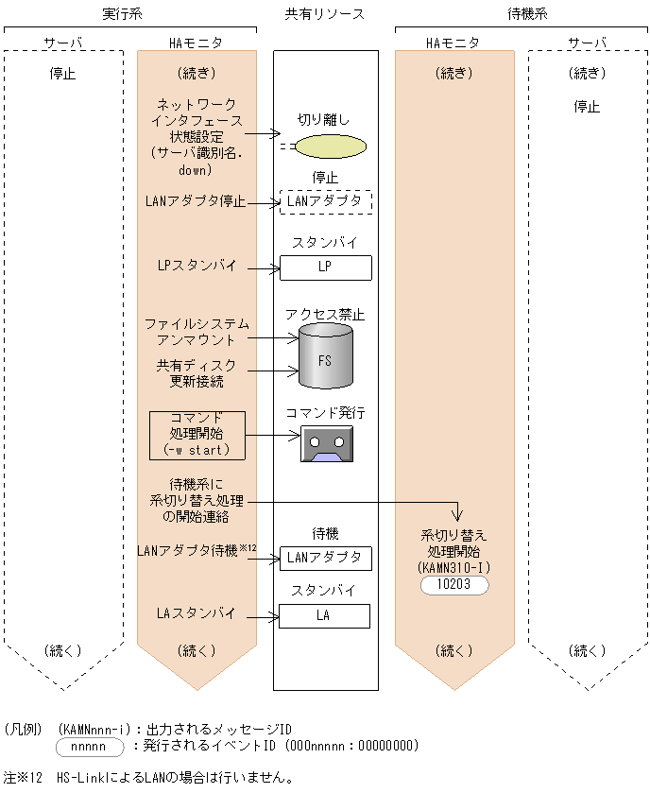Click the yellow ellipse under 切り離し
[x=329, y=147]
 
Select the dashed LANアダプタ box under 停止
[x=325, y=201]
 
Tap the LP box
[x=325, y=267]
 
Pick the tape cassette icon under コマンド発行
[x=326, y=442]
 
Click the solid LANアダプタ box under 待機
[x=325, y=558]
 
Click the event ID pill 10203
[x=455, y=585]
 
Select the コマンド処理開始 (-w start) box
[x=197, y=435]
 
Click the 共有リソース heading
[x=325, y=14]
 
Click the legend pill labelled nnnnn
[x=90, y=747]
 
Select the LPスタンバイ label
[x=197, y=267]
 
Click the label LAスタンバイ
[x=197, y=613]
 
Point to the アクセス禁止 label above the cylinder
[x=325, y=315]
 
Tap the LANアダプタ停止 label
[x=197, y=201]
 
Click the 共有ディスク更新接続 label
[x=197, y=373]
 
